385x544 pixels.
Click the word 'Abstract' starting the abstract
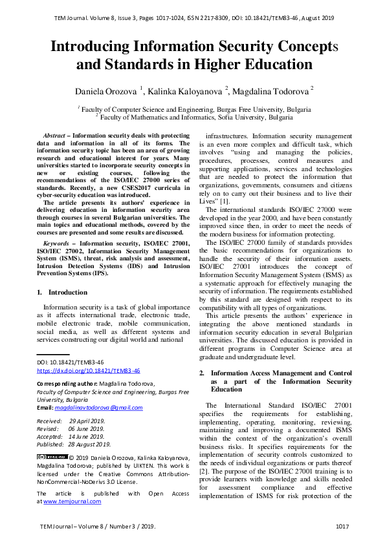pos(54,136)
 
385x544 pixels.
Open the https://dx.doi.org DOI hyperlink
pos(88,371)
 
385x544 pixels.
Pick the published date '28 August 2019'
pos(90,444)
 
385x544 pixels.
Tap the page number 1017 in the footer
pos(342,527)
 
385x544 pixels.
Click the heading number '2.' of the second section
pos(202,373)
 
